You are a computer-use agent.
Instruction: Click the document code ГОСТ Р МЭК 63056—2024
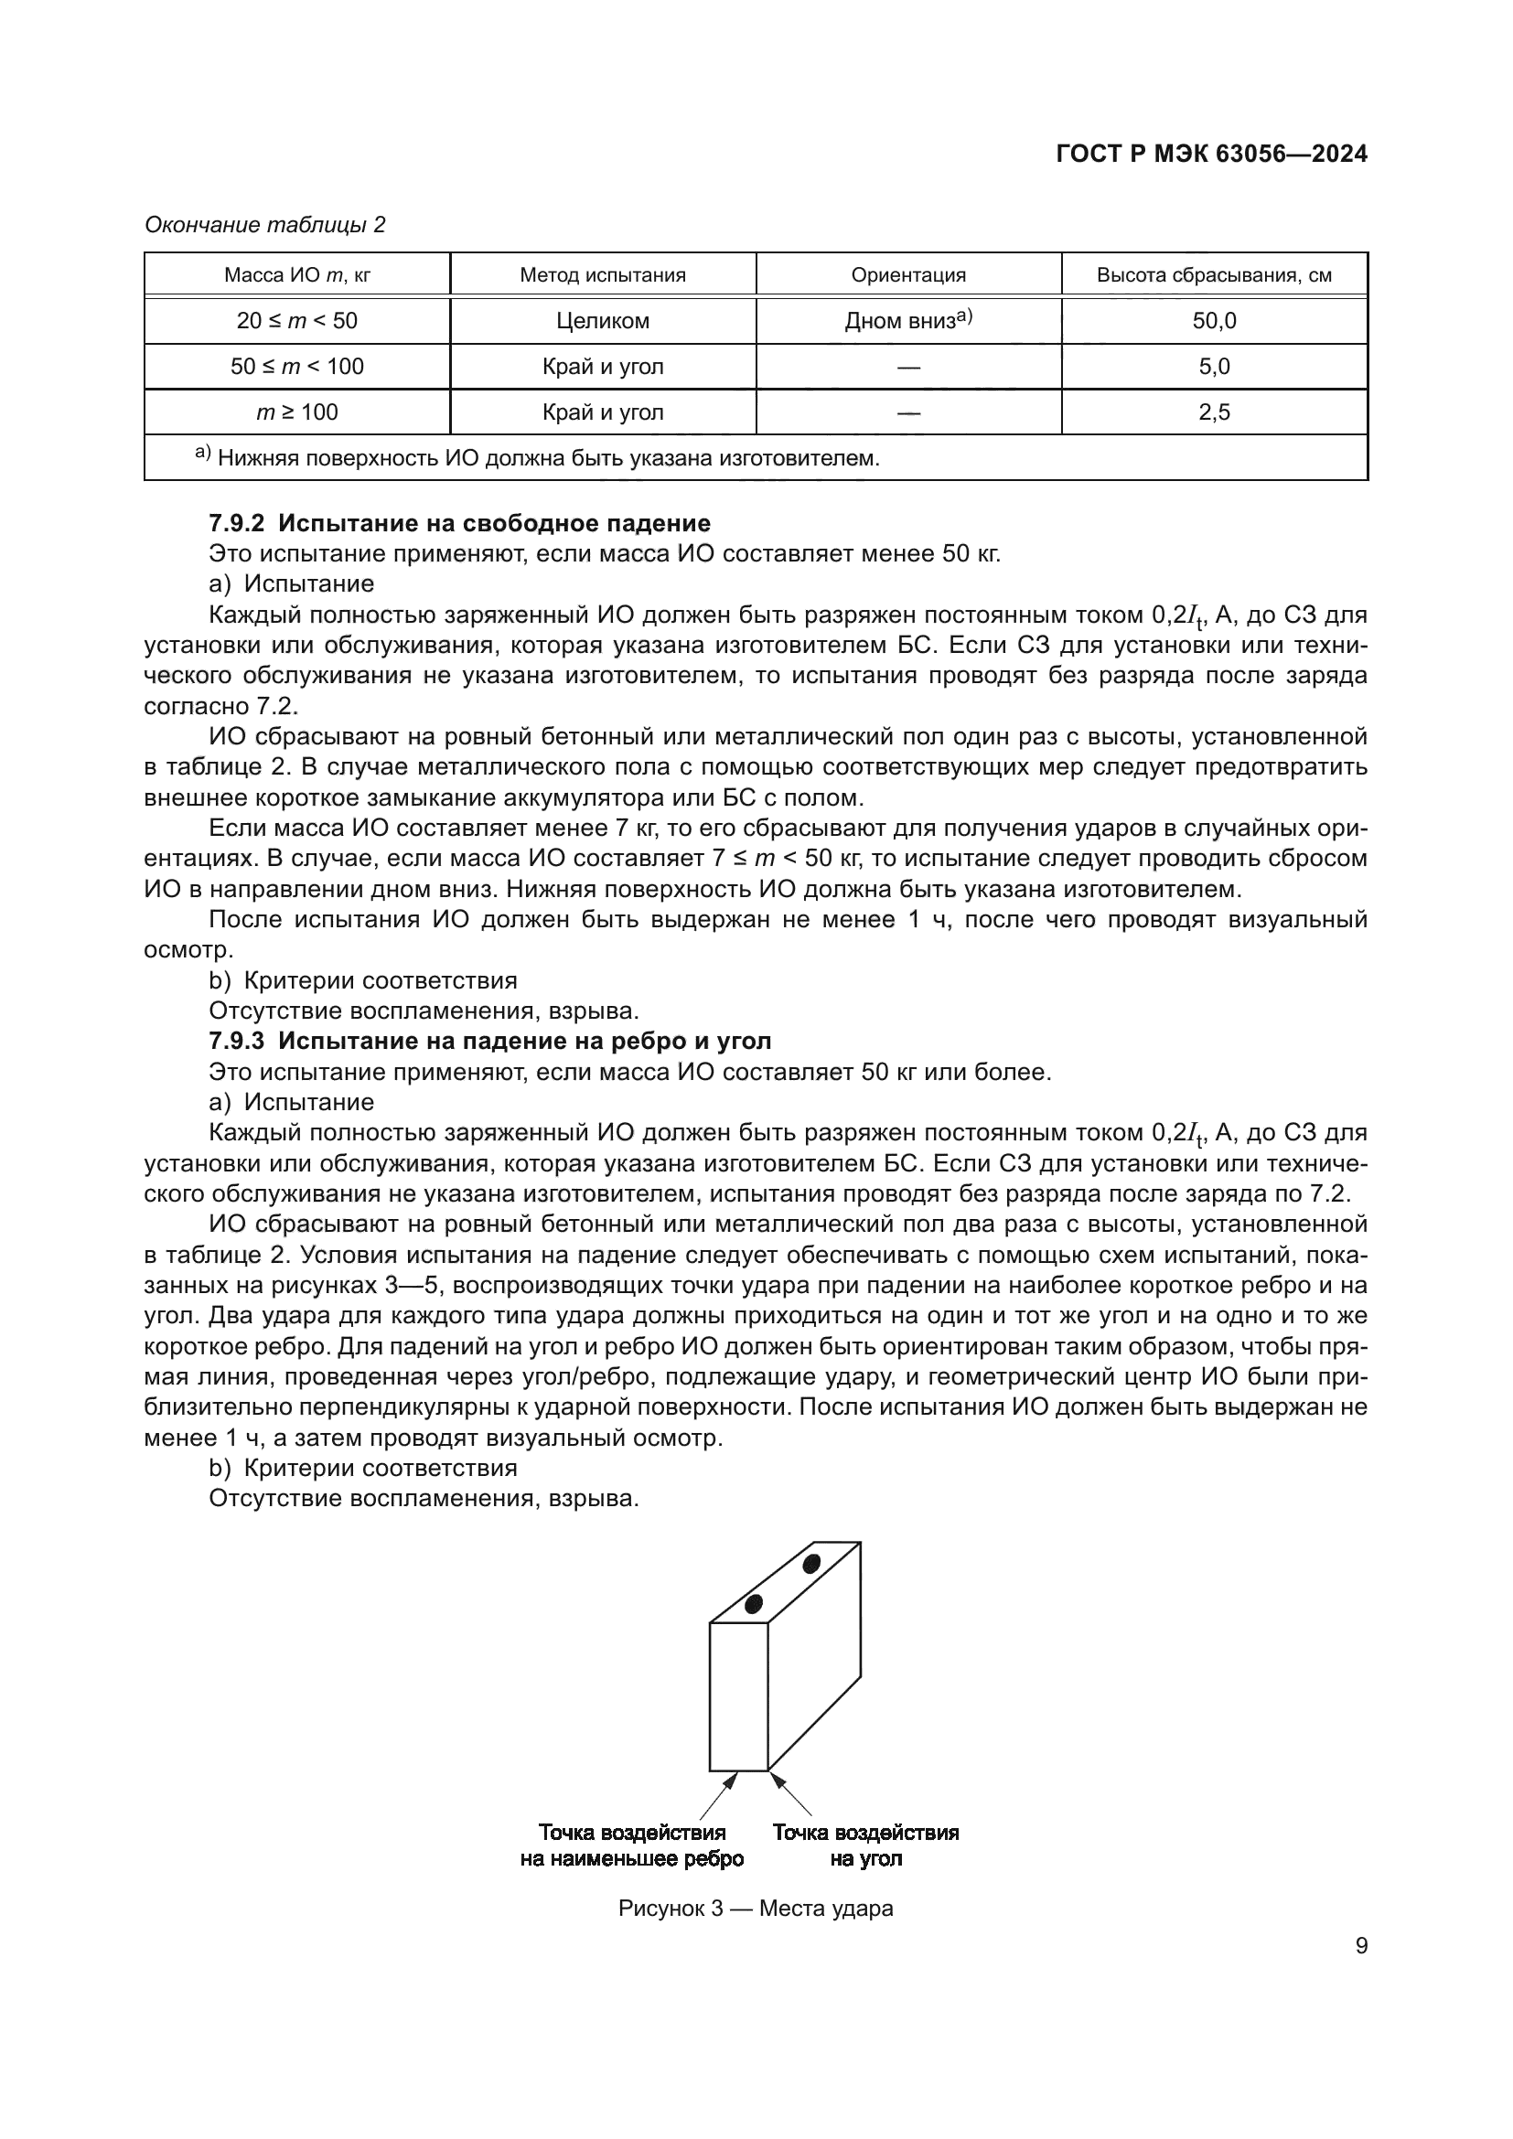coord(1211,154)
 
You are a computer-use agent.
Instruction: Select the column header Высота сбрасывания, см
coord(1214,275)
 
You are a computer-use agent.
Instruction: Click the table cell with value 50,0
coord(1214,320)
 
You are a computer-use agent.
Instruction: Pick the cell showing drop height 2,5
coord(1214,412)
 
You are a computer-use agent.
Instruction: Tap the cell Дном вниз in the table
coord(907,320)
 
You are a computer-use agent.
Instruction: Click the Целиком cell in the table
coord(603,320)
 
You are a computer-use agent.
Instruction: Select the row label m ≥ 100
coord(297,412)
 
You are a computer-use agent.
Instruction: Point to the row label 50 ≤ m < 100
coord(297,366)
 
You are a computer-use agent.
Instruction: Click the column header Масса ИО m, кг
coord(297,275)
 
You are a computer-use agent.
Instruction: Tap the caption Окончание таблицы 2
coord(265,225)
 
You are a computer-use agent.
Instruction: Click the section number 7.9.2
coord(237,523)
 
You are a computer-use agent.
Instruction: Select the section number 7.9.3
coord(237,1041)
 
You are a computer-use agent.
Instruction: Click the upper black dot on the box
coord(811,1563)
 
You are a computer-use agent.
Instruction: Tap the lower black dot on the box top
coord(754,1603)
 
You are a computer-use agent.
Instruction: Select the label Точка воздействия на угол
coord(865,1845)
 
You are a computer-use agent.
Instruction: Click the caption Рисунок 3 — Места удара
coord(756,1909)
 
